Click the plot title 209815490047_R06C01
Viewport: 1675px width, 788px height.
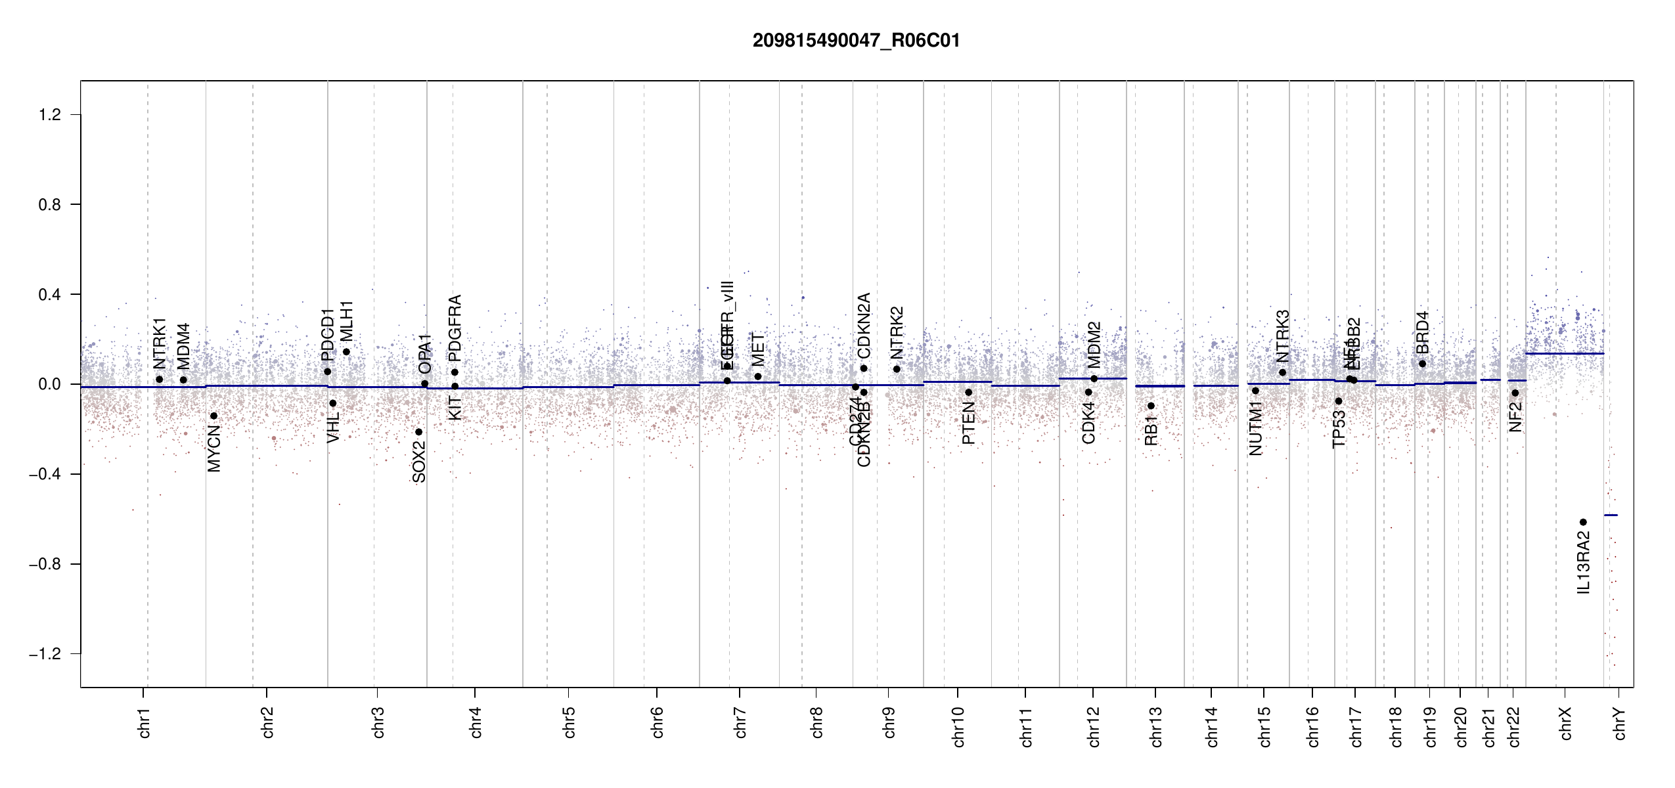tap(856, 41)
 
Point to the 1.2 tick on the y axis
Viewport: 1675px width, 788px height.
tap(50, 115)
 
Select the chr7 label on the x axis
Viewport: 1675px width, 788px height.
tap(740, 722)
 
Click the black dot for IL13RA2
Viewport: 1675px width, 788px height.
tap(1583, 522)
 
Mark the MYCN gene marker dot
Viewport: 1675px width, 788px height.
tap(213, 416)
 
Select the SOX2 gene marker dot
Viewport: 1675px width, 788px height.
tap(418, 432)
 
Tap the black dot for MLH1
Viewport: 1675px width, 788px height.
tap(346, 352)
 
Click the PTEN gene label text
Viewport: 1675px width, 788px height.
tap(968, 424)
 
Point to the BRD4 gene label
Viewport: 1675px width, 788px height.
tap(1422, 332)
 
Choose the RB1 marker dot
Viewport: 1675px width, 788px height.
tap(1151, 406)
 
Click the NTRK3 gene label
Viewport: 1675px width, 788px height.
tap(1283, 336)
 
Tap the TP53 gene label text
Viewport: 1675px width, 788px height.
tap(1339, 429)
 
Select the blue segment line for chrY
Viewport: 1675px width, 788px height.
tap(1611, 515)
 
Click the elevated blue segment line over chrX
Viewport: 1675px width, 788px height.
tap(1564, 354)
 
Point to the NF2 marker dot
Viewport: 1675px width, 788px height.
tap(1515, 393)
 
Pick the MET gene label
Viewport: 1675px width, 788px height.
tap(758, 350)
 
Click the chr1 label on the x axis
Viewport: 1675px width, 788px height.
tap(145, 722)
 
